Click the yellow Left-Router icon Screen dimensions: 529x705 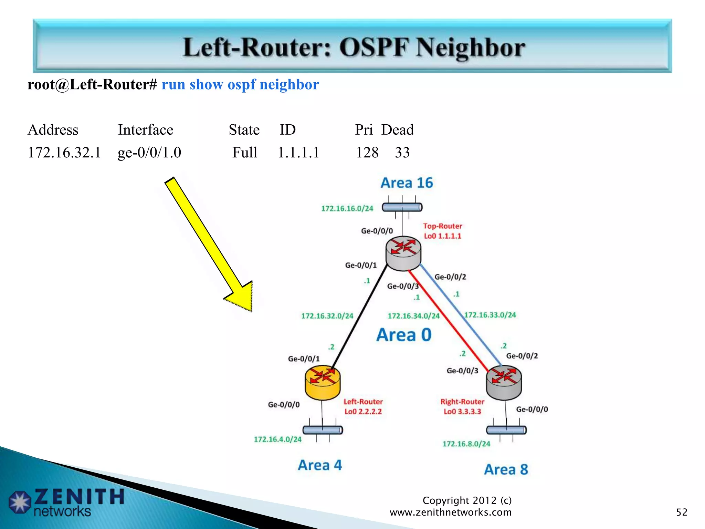pyautogui.click(x=323, y=382)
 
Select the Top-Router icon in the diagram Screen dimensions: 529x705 pyautogui.click(x=403, y=253)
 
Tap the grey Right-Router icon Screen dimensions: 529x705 pyautogui.click(x=504, y=382)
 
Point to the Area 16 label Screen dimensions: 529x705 pyautogui.click(x=407, y=183)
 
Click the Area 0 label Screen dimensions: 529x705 pyautogui.click(x=404, y=335)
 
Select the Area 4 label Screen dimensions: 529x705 pyautogui.click(x=320, y=465)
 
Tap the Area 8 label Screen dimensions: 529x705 pyautogui.click(x=506, y=469)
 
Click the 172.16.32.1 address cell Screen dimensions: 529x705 pyautogui.click(x=64, y=153)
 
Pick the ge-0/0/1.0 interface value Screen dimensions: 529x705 pyautogui.click(x=149, y=153)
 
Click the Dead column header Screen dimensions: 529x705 pyautogui.click(x=397, y=130)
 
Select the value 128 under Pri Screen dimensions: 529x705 pyautogui.click(x=367, y=153)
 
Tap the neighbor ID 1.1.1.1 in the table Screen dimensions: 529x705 pyautogui.click(x=298, y=153)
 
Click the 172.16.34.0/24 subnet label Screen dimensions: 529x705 pyautogui.click(x=413, y=316)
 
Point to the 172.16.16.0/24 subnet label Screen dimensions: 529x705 pyautogui.click(x=347, y=208)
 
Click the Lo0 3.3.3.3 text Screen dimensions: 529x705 pyautogui.click(x=462, y=412)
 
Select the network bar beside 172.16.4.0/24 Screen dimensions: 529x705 pyautogui.click(x=323, y=430)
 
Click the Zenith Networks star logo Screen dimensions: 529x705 pyautogui.click(x=20, y=502)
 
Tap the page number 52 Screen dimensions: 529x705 pyautogui.click(x=682, y=512)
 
